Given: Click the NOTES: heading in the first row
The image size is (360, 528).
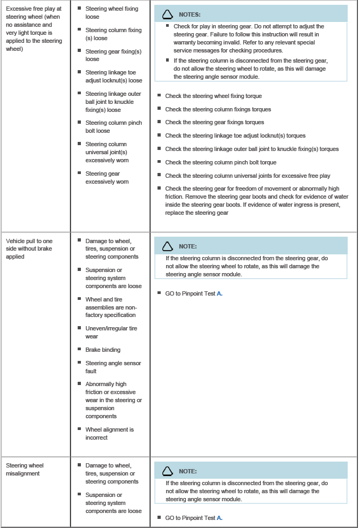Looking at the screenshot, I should point(190,14).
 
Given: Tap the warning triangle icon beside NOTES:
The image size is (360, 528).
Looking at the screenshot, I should point(168,14).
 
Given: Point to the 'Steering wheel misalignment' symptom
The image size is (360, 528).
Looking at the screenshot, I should point(25,469).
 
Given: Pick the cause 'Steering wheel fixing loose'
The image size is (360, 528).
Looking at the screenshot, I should point(111,13).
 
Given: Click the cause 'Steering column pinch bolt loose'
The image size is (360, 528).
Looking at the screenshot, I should point(114,126).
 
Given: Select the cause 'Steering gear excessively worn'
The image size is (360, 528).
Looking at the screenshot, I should point(107,177).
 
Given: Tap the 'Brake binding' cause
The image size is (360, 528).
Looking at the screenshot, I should point(103,350).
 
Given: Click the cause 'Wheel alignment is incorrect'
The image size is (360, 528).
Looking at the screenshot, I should point(109,433).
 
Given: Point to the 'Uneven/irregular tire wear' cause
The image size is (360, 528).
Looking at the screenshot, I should point(111,332).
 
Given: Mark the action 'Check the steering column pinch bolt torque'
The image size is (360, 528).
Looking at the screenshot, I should point(221,162).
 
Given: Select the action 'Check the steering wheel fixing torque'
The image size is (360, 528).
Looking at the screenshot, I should point(213,96).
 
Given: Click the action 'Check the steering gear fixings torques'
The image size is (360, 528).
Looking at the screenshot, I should point(214,123).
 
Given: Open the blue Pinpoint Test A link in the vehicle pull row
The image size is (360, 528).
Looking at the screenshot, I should point(219,293).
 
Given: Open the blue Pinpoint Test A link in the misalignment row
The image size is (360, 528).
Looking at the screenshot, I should point(219,518).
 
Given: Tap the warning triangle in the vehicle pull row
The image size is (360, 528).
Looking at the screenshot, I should point(168,246).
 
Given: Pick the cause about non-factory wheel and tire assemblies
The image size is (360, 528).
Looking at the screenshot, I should point(110,307).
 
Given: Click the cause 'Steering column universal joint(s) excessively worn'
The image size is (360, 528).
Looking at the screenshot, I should point(107,152).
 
